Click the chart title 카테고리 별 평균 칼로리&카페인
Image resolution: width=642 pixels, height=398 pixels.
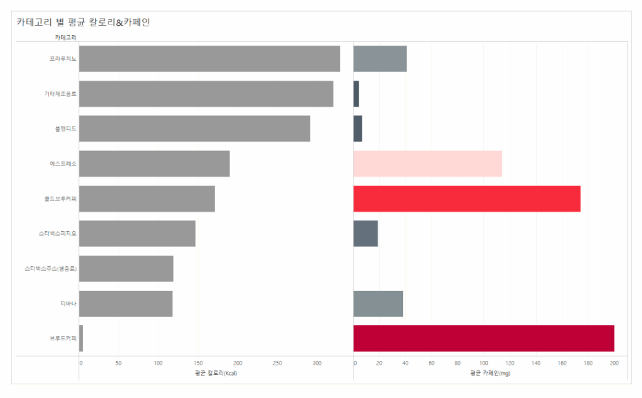click(x=83, y=23)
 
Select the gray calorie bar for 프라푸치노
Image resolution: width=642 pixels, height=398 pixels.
click(x=209, y=59)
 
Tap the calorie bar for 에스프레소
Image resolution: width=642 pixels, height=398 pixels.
click(x=154, y=164)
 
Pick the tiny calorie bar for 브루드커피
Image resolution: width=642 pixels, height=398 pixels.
click(x=81, y=338)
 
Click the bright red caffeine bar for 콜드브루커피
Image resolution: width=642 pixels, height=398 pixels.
click(x=466, y=199)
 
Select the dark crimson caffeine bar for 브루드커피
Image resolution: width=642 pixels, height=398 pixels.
click(x=483, y=338)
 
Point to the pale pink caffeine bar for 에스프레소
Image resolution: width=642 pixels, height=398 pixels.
click(x=428, y=164)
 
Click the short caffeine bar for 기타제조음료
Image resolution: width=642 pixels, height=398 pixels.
click(x=356, y=94)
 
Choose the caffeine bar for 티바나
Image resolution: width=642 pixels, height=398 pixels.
click(x=378, y=303)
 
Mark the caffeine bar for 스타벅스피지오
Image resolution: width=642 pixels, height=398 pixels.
click(x=366, y=234)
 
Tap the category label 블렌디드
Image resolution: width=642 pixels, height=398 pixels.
click(x=65, y=129)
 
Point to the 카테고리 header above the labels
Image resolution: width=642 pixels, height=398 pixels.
click(x=65, y=38)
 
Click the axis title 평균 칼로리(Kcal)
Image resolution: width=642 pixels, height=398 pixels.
click(x=216, y=374)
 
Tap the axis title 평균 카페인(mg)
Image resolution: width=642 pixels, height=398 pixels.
click(x=491, y=374)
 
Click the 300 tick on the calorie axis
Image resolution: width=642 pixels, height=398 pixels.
click(x=317, y=363)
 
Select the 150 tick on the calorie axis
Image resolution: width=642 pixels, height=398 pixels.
click(x=198, y=363)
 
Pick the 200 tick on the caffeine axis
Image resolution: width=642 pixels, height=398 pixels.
click(x=614, y=363)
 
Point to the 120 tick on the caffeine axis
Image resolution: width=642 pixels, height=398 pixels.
click(x=510, y=363)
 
